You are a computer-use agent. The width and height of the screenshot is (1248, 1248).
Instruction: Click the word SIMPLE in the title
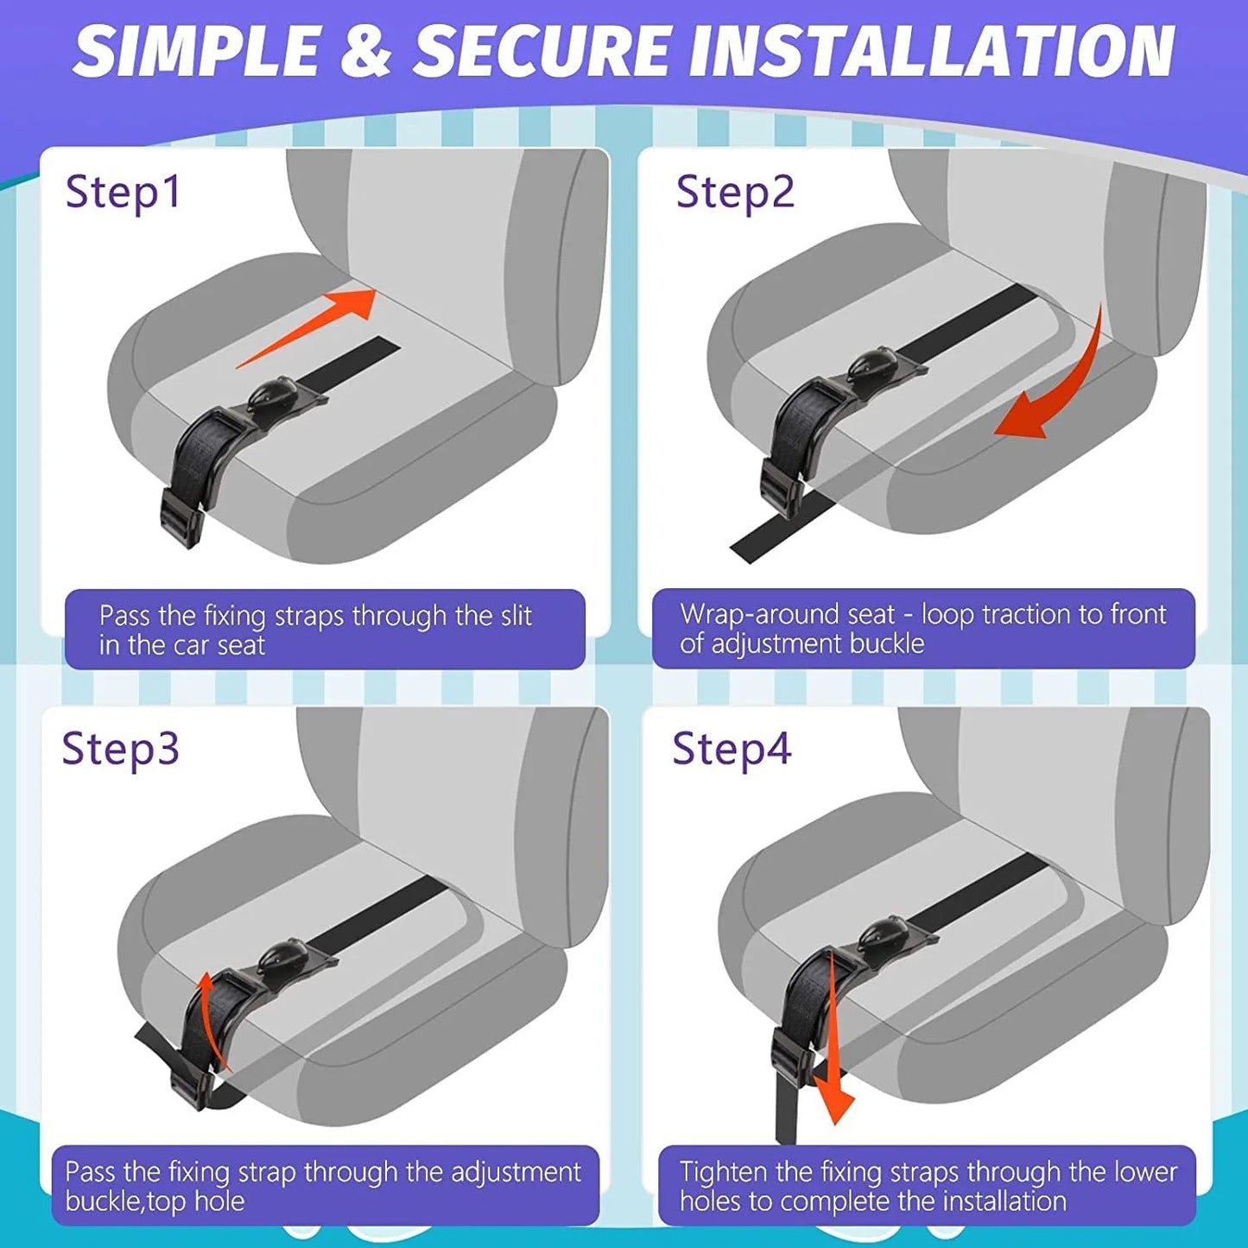[x=197, y=52]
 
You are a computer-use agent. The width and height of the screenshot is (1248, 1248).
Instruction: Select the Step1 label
[x=124, y=192]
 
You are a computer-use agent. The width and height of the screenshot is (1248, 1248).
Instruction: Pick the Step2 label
[x=734, y=192]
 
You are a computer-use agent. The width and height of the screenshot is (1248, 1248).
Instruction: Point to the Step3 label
[x=120, y=749]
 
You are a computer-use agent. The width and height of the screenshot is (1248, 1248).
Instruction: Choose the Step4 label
[x=731, y=749]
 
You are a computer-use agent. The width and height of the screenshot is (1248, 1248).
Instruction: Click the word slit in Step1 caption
[x=516, y=616]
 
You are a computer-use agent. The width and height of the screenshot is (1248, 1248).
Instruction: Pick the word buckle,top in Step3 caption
[x=154, y=1201]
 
